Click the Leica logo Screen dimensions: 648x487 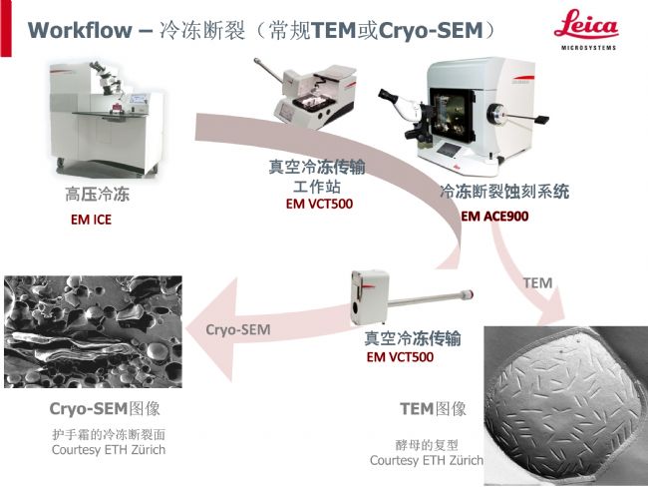[x=586, y=29]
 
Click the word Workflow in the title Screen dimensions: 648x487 [x=80, y=30]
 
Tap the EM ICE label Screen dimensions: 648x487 [x=91, y=220]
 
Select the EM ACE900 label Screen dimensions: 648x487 [x=494, y=216]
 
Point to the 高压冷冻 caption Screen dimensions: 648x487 [x=97, y=194]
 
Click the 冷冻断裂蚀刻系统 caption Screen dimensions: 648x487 [x=504, y=192]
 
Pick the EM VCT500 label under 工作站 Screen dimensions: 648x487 [x=319, y=204]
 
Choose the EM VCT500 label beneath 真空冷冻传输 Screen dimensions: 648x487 [x=400, y=356]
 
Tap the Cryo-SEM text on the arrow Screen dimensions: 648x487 [x=238, y=329]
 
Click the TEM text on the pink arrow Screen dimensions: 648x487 [x=537, y=283]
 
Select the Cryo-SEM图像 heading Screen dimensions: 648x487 [x=105, y=409]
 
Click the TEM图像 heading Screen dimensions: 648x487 [x=433, y=409]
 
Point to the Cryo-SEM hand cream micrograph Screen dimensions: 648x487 [x=93, y=332]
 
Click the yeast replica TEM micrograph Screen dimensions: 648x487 [x=566, y=405]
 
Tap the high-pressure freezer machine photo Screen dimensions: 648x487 [x=107, y=119]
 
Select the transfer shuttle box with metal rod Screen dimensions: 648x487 [x=412, y=297]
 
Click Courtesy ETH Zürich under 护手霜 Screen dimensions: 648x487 [x=109, y=450]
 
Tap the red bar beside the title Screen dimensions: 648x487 [x=6, y=28]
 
